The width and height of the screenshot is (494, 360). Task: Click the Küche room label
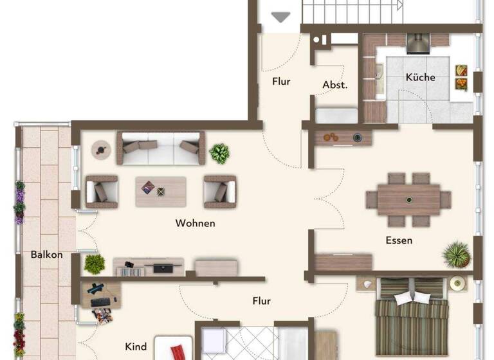[x=420, y=77]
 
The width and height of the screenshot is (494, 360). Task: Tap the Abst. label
[x=334, y=85]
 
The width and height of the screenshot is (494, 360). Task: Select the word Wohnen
[x=195, y=224]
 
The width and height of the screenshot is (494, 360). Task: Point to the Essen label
[x=399, y=240]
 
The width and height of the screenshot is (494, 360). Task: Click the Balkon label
[x=47, y=255]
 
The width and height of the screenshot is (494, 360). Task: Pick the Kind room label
[x=136, y=346]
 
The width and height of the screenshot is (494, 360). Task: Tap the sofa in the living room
[x=160, y=147]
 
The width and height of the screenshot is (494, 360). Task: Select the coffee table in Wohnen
[x=160, y=191]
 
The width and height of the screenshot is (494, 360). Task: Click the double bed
[x=412, y=315]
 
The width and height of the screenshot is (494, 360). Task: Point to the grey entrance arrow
[x=280, y=17]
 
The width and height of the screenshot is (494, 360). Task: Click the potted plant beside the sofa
[x=220, y=153]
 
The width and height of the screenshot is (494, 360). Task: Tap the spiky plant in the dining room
[x=456, y=255]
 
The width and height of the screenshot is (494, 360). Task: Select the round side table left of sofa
[x=100, y=149]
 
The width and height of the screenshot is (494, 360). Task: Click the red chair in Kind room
[x=177, y=352]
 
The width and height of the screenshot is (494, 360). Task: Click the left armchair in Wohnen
[x=102, y=191]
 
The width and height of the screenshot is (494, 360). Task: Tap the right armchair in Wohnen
[x=219, y=191]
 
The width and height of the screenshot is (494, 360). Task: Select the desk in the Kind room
[x=100, y=294]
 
